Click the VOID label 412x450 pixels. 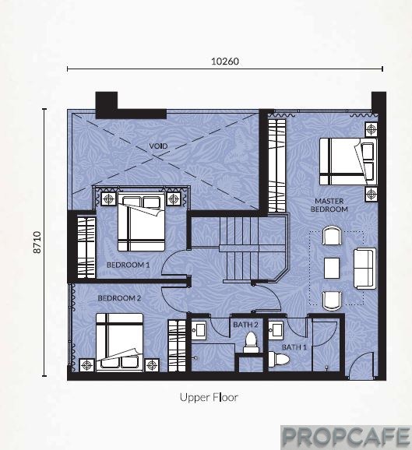pyautogui.click(x=158, y=146)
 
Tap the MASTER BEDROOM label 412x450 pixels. pyautogui.click(x=329, y=206)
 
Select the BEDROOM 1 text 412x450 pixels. pyautogui.click(x=128, y=265)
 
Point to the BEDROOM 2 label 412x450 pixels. pyautogui.click(x=119, y=298)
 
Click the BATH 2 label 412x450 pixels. pyautogui.click(x=245, y=325)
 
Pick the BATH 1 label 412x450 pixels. pyautogui.click(x=294, y=347)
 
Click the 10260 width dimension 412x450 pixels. pyautogui.click(x=225, y=62)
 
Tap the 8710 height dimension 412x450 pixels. pyautogui.click(x=37, y=242)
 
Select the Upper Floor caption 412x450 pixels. pyautogui.click(x=209, y=398)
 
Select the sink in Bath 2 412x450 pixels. pyautogui.click(x=199, y=330)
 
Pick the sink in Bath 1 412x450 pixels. pyautogui.click(x=276, y=329)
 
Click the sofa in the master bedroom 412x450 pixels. pyautogui.click(x=364, y=269)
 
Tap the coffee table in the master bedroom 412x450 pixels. pyautogui.click(x=332, y=268)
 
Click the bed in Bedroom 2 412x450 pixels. pyautogui.click(x=119, y=343)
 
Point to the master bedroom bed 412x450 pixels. pyautogui.click(x=348, y=162)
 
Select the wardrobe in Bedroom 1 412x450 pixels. pyautogui.click(x=86, y=248)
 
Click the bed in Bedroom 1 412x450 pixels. pyautogui.click(x=141, y=222)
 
